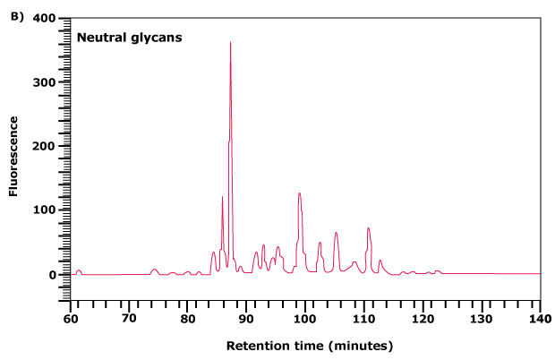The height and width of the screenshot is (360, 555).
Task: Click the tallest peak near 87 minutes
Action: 230,42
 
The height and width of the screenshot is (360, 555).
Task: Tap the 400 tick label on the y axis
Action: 43,19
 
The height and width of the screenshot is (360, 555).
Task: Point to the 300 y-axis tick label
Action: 43,82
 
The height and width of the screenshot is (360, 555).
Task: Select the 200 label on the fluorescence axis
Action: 43,146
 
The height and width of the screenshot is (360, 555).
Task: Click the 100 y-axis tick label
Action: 43,210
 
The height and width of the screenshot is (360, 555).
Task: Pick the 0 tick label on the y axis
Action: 50,275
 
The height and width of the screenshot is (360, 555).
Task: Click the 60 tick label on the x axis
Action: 70,318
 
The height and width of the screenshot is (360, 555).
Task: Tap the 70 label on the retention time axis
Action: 129,318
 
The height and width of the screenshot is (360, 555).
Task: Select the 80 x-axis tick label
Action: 187,318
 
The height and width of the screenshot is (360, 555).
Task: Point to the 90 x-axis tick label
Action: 246,318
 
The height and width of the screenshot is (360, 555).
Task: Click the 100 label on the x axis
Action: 305,318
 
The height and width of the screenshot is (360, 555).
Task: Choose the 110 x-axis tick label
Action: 363,318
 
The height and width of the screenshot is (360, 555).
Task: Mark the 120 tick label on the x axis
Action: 423,318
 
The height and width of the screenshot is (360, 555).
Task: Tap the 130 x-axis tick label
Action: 482,318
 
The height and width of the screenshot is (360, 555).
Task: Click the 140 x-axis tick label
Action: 540,318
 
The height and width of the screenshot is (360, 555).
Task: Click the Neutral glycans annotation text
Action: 129,38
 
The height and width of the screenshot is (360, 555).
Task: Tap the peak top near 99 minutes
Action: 300,193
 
